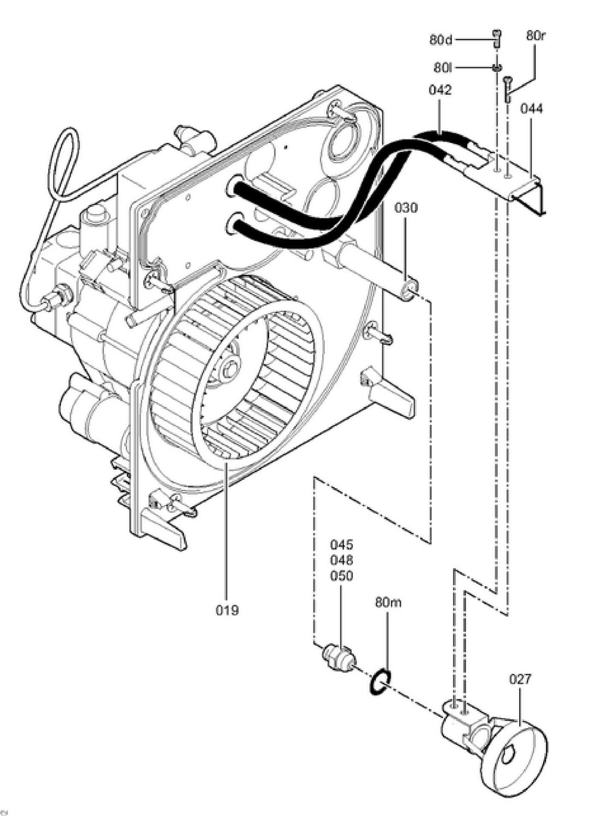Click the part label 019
pyautogui.click(x=227, y=610)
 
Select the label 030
pyautogui.click(x=406, y=208)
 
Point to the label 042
pyautogui.click(x=440, y=90)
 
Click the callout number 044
pyautogui.click(x=531, y=109)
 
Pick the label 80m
pyautogui.click(x=388, y=602)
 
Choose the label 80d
pyautogui.click(x=440, y=40)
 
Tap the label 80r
pyautogui.click(x=535, y=36)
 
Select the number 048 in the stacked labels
pyautogui.click(x=341, y=560)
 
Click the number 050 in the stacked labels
pyautogui.click(x=341, y=576)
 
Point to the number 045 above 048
pyautogui.click(x=341, y=544)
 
